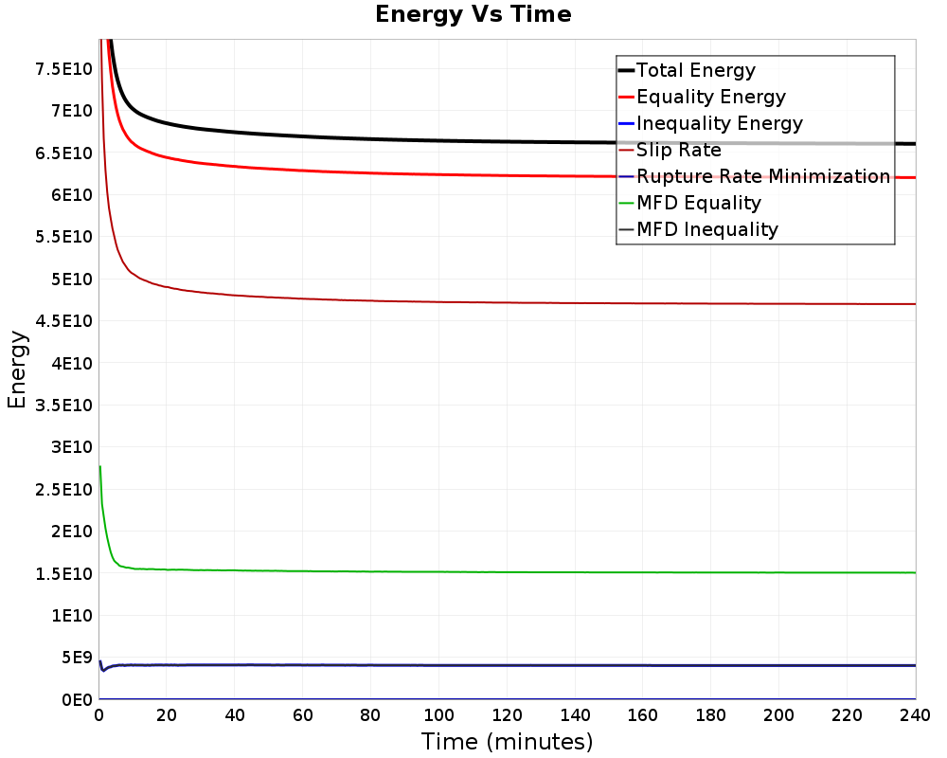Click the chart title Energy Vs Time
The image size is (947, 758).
pyautogui.click(x=473, y=14)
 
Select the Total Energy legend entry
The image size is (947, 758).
pyautogui.click(x=688, y=70)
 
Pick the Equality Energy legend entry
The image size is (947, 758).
pyautogui.click(x=703, y=97)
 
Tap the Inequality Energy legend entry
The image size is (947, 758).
pyautogui.click(x=711, y=123)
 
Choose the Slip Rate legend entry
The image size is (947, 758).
pyautogui.click(x=670, y=150)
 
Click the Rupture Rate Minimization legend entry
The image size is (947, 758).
pyautogui.click(x=755, y=176)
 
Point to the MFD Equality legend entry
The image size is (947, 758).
pyautogui.click(x=689, y=203)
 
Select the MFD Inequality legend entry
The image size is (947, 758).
pyautogui.click(x=699, y=229)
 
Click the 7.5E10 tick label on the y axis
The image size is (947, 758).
pyautogui.click(x=64, y=69)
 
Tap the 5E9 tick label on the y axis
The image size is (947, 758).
pyautogui.click(x=78, y=658)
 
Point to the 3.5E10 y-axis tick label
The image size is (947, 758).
pyautogui.click(x=64, y=405)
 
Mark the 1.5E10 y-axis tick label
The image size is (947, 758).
pyautogui.click(x=64, y=573)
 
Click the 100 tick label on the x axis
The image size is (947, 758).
pyautogui.click(x=439, y=715)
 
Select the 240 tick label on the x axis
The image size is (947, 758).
pyautogui.click(x=915, y=715)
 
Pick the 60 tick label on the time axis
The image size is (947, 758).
pyautogui.click(x=303, y=715)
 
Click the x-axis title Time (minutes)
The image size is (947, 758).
pyautogui.click(x=507, y=742)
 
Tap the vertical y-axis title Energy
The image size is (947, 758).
pyautogui.click(x=17, y=370)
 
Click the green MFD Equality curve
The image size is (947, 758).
pyautogui.click(x=508, y=572)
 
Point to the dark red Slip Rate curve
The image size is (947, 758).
pyautogui.click(x=508, y=302)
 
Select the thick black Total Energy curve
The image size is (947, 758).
pyautogui.click(x=508, y=141)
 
